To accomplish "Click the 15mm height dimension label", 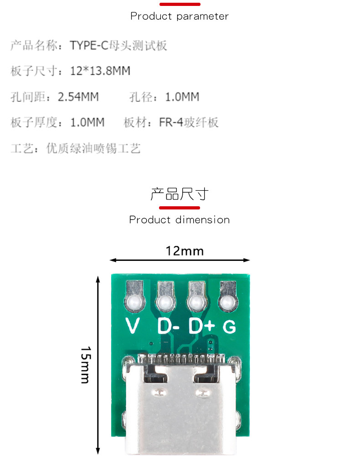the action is pyautogui.click(x=85, y=364).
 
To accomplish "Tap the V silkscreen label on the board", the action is pyautogui.click(x=132, y=326).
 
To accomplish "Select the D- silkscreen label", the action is pyautogui.click(x=168, y=326).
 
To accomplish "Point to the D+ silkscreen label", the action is pyautogui.click(x=201, y=326).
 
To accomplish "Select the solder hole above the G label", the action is pyautogui.click(x=227, y=302).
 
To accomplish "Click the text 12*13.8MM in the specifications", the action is pyautogui.click(x=100, y=71).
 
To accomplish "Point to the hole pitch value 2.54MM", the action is pyautogui.click(x=78, y=97).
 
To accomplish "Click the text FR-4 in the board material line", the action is pyautogui.click(x=171, y=122).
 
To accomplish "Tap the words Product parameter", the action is pyautogui.click(x=180, y=16).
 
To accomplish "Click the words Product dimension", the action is pyautogui.click(x=180, y=220).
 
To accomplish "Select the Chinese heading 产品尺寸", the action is pyautogui.click(x=180, y=194).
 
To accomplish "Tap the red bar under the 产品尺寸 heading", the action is pyautogui.click(x=180, y=208).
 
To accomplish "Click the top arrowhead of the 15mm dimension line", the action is pyautogui.click(x=98, y=277).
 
